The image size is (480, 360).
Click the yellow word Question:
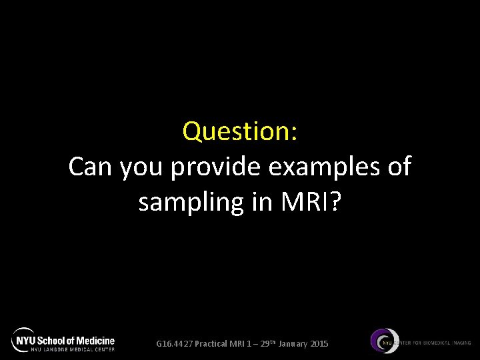(240, 131)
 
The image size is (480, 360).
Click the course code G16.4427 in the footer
(174, 344)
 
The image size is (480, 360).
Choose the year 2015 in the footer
(319, 344)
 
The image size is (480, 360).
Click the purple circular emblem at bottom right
(385, 341)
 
